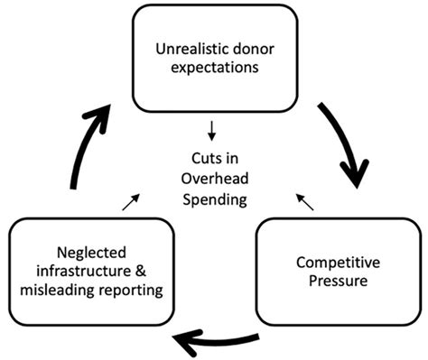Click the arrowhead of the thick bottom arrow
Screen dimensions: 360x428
(185, 341)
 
